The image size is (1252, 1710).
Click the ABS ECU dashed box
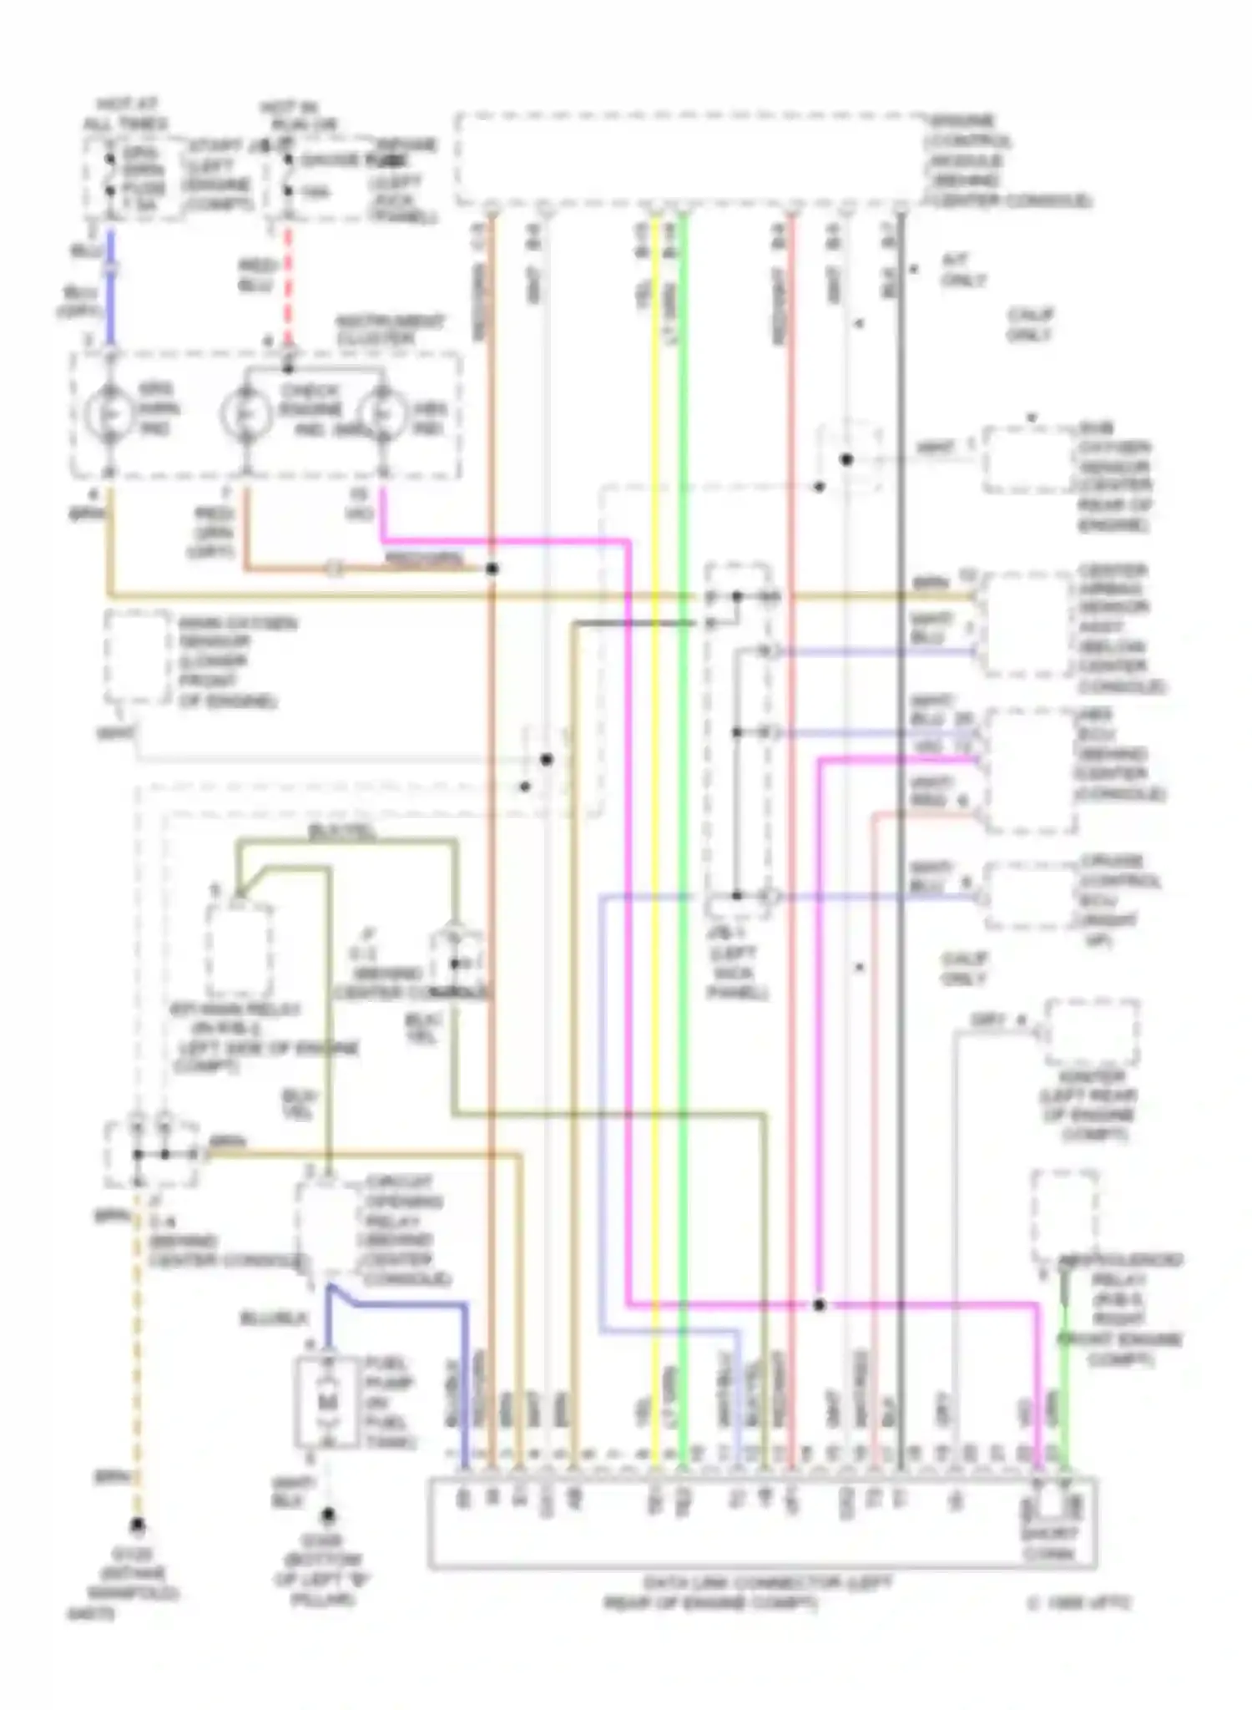[x=1028, y=771]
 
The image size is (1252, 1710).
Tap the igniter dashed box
[x=1093, y=1032]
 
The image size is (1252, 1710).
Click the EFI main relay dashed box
[x=239, y=950]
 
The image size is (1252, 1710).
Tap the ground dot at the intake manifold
[x=137, y=1525]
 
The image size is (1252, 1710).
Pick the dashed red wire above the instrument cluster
[x=289, y=284]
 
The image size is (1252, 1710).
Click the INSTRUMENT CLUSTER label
[x=390, y=330]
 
